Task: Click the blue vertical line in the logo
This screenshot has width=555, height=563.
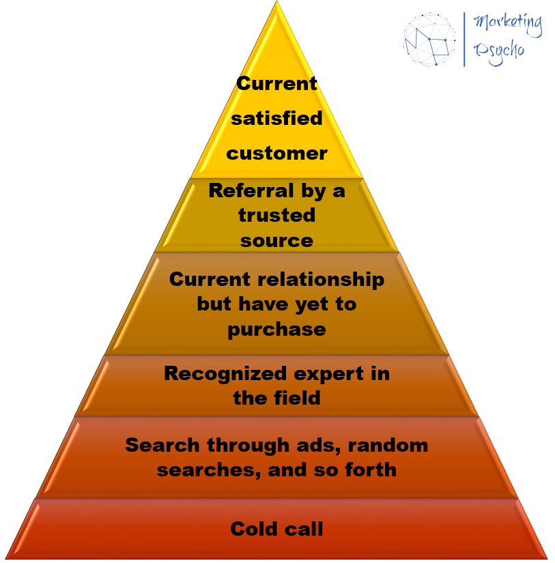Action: pyautogui.click(x=464, y=38)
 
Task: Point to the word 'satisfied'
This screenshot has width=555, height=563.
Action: pyautogui.click(x=276, y=118)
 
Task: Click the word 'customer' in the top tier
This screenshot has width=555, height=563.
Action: pyautogui.click(x=276, y=153)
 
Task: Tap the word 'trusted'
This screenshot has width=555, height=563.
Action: pyautogui.click(x=276, y=216)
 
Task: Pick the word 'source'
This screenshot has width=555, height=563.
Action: pyautogui.click(x=276, y=240)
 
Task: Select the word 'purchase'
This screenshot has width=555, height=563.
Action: pyautogui.click(x=276, y=329)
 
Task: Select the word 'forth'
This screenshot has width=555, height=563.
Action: pyautogui.click(x=372, y=470)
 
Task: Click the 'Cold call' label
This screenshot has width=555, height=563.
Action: pyautogui.click(x=276, y=529)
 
